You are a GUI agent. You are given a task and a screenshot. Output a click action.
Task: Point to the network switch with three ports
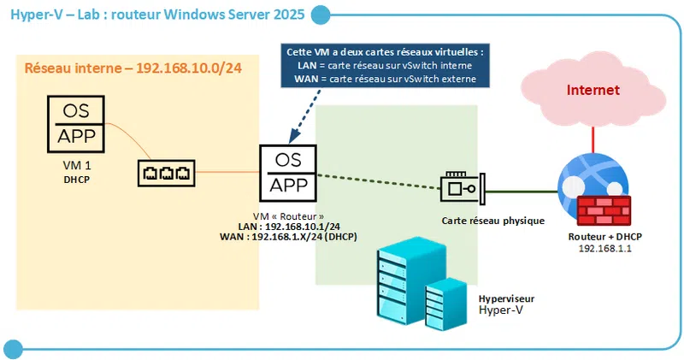tap(165, 173)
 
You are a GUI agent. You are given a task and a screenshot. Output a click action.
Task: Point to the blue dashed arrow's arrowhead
tap(293, 136)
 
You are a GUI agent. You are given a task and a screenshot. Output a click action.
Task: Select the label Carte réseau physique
tap(492, 221)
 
